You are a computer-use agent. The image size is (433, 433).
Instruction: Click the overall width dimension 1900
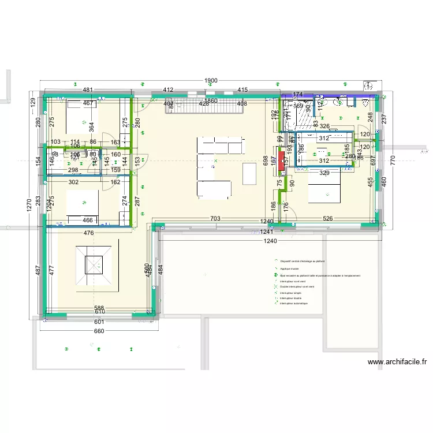pos(211,81)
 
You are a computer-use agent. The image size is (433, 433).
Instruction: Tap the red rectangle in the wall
pos(281,160)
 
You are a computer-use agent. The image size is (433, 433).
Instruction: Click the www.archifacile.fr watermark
pos(397,363)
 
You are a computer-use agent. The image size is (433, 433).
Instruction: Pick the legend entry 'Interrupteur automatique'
pos(294,303)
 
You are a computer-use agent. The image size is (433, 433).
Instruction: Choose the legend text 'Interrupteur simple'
pos(290,293)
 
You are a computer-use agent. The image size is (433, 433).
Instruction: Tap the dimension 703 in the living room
pos(214,219)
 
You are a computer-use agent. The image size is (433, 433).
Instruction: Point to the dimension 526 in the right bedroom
pos(328,219)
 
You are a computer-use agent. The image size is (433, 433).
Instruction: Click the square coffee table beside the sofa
pos(249,172)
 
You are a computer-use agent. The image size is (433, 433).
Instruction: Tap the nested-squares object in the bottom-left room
pos(98,264)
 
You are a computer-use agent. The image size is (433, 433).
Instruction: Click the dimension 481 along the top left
pos(88,90)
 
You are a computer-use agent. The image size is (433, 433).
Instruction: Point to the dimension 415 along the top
pos(242,90)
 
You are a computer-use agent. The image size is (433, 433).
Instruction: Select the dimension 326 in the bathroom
pos(324,126)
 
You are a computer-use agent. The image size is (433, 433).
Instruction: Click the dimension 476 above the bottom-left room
pos(88,233)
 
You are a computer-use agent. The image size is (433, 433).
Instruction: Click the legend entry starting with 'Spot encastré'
pos(320,275)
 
